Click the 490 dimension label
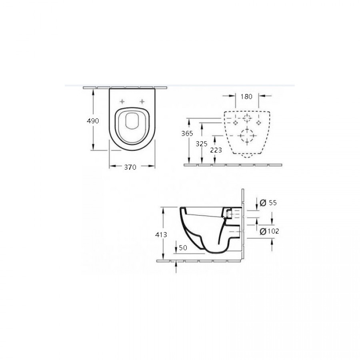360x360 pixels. tap(93, 121)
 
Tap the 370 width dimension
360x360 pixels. tap(130, 167)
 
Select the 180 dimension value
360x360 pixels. tap(246, 97)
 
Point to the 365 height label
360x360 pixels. tap(187, 133)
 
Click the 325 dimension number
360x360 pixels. tap(201, 144)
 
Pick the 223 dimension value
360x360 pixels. tap(216, 150)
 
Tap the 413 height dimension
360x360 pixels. tap(161, 235)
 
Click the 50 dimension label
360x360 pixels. tap(183, 248)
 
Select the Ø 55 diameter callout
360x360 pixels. tap(268, 203)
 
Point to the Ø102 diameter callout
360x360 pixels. tap(269, 231)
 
